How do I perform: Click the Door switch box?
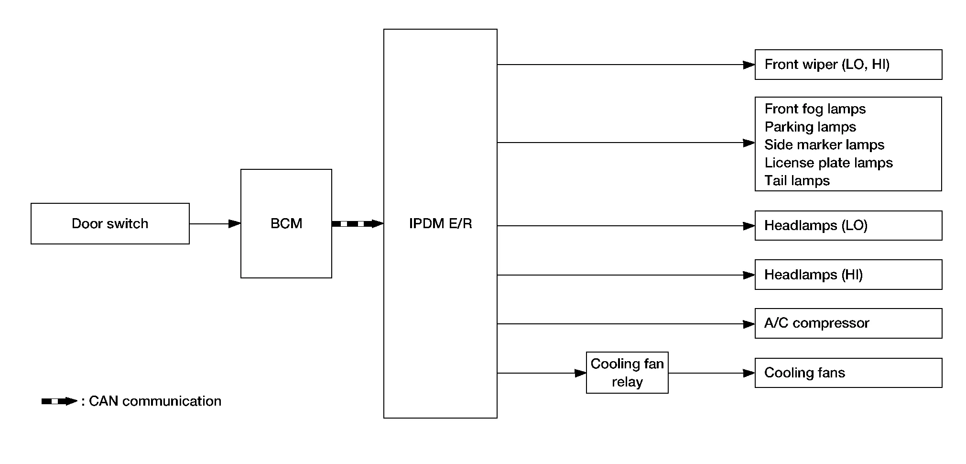[x=110, y=223]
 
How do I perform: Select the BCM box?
[x=286, y=223]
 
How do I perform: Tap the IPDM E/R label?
[x=440, y=223]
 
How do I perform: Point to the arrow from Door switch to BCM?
[x=215, y=223]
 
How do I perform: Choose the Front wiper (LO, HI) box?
[x=848, y=65]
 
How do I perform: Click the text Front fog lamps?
[x=815, y=109]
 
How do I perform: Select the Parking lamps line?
[x=810, y=127]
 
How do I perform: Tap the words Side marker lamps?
[x=824, y=144]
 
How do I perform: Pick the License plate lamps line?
[x=828, y=163]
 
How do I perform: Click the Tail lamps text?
[x=797, y=180]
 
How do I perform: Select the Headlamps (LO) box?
[x=848, y=225]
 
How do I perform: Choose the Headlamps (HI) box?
[x=848, y=275]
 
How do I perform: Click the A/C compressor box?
[x=848, y=323]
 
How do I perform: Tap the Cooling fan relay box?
[x=627, y=373]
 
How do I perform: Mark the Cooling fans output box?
[x=848, y=373]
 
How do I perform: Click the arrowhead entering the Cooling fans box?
[x=749, y=373]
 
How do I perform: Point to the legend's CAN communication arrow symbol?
[x=59, y=401]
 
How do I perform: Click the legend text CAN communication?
[x=155, y=401]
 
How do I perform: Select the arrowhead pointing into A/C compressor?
[x=749, y=324]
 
